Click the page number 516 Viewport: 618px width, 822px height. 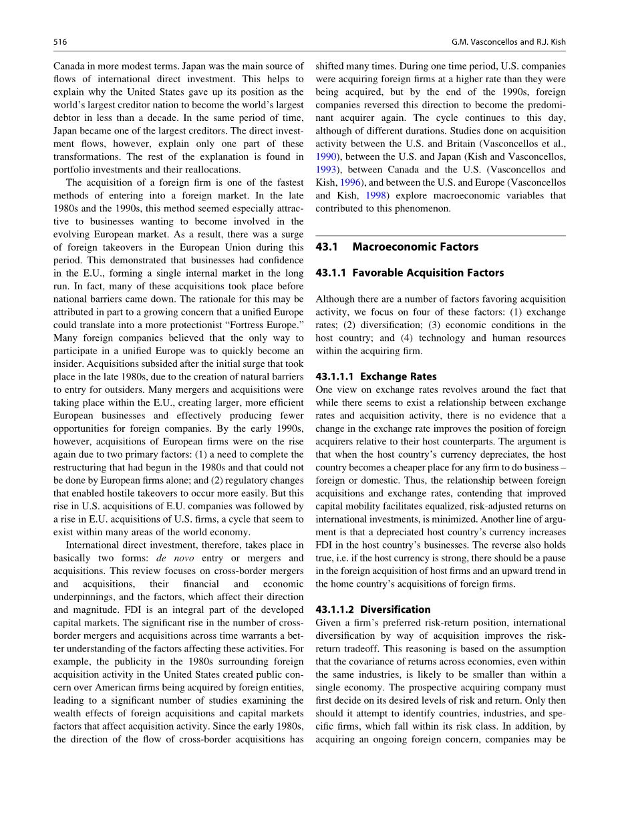60,42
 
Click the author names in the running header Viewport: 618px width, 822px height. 508,42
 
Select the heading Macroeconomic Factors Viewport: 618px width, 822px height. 415,247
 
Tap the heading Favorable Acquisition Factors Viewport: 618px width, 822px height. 428,273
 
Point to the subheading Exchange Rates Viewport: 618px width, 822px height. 398,376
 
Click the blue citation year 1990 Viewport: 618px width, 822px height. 325,156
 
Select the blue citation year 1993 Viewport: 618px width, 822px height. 325,182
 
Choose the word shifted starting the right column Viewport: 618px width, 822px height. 331,66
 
